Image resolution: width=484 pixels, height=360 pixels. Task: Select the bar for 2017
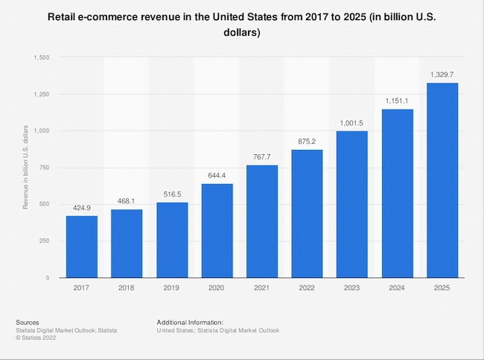tap(81, 247)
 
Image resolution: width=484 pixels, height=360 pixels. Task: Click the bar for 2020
tap(217, 230)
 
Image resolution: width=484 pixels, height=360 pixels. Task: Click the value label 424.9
tap(81, 208)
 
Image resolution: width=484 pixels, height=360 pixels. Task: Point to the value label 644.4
tap(217, 176)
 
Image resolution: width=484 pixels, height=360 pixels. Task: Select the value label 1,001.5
tap(352, 123)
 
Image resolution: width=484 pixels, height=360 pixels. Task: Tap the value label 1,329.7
tap(442, 75)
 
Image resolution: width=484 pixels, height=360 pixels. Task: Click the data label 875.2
tap(307, 142)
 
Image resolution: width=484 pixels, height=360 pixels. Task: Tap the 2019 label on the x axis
tap(171, 288)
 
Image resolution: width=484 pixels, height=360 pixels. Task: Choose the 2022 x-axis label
tap(307, 288)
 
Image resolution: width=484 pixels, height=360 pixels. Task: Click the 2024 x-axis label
tap(397, 288)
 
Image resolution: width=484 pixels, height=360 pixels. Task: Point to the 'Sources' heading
tap(28, 321)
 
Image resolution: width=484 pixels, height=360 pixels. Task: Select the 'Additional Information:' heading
tap(189, 321)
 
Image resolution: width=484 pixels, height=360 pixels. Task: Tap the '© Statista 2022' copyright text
tap(40, 338)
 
